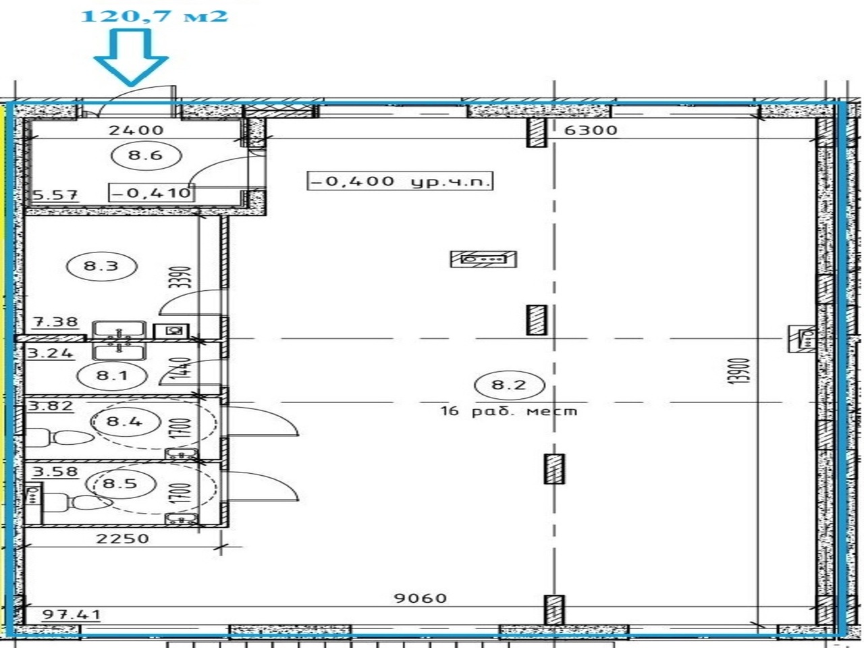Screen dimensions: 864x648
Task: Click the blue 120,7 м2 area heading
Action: tap(155, 16)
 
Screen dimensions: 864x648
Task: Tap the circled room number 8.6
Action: tap(146, 155)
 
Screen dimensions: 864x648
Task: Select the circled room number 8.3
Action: tap(101, 267)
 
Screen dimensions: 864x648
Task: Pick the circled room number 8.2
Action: tap(510, 385)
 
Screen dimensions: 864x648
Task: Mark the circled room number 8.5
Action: tap(120, 483)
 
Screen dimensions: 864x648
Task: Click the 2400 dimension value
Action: tap(136, 130)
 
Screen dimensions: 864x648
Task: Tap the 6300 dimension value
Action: tap(591, 130)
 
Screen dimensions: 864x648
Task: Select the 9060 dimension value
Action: tap(421, 599)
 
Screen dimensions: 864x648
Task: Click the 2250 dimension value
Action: tap(123, 538)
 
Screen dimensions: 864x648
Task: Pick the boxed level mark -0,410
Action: tap(152, 193)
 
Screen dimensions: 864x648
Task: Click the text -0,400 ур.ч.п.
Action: tap(400, 182)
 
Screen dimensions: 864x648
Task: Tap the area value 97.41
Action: tap(72, 614)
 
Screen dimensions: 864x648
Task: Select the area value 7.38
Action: tap(55, 322)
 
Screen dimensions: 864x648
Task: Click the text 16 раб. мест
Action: tap(508, 412)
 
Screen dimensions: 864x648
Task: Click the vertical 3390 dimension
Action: tap(184, 277)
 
